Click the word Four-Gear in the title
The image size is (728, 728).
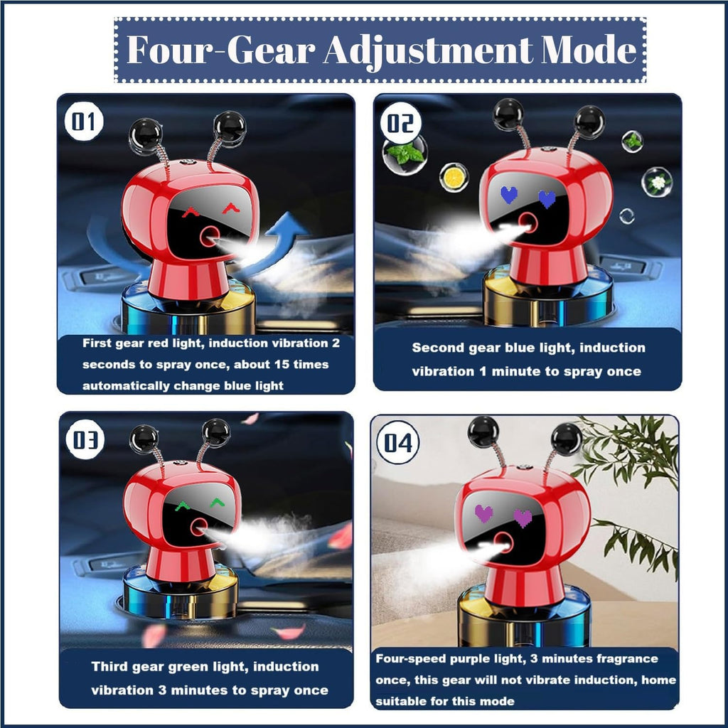coord(221,50)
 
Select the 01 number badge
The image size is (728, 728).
coord(84,121)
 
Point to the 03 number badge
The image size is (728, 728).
coord(85,439)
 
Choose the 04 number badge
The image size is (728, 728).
coord(398,442)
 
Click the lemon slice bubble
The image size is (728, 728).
coord(454,177)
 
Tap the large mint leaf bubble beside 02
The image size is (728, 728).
coord(405,154)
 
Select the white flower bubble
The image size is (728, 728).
coord(657,182)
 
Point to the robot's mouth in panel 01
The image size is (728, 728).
coord(210,236)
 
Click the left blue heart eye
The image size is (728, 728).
coord(509,195)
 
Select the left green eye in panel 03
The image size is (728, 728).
coord(183,506)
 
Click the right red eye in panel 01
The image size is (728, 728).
coord(231,208)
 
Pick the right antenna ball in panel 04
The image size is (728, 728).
coord(566,439)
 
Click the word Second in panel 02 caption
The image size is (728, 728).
coord(438,347)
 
